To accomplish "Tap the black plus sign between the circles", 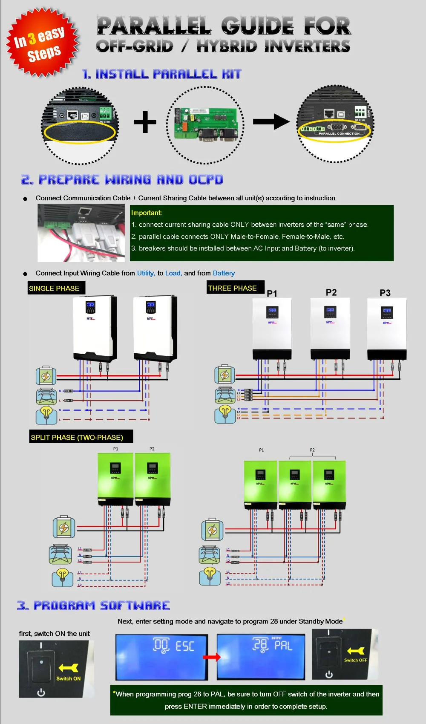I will coord(145,122).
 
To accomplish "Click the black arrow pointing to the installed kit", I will coord(271,121).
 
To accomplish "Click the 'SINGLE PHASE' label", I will coord(54,288).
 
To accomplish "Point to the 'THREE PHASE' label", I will coord(233,288).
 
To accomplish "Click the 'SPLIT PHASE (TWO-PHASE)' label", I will coord(77,437).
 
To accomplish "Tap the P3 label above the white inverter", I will coord(385,293).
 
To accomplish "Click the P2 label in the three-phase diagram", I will coord(331,292).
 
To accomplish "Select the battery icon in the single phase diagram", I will coord(46,375).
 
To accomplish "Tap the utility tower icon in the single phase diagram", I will coord(46,396).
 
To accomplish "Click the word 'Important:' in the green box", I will coord(147,213).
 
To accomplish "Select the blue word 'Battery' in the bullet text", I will coord(224,273).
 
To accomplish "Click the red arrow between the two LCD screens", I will coord(212,657).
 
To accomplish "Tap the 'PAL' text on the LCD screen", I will coord(283,646).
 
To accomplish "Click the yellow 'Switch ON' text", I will coord(68,678).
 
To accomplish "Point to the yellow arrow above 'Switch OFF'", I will coord(356,651).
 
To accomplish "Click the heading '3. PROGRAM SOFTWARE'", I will coord(93,606).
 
